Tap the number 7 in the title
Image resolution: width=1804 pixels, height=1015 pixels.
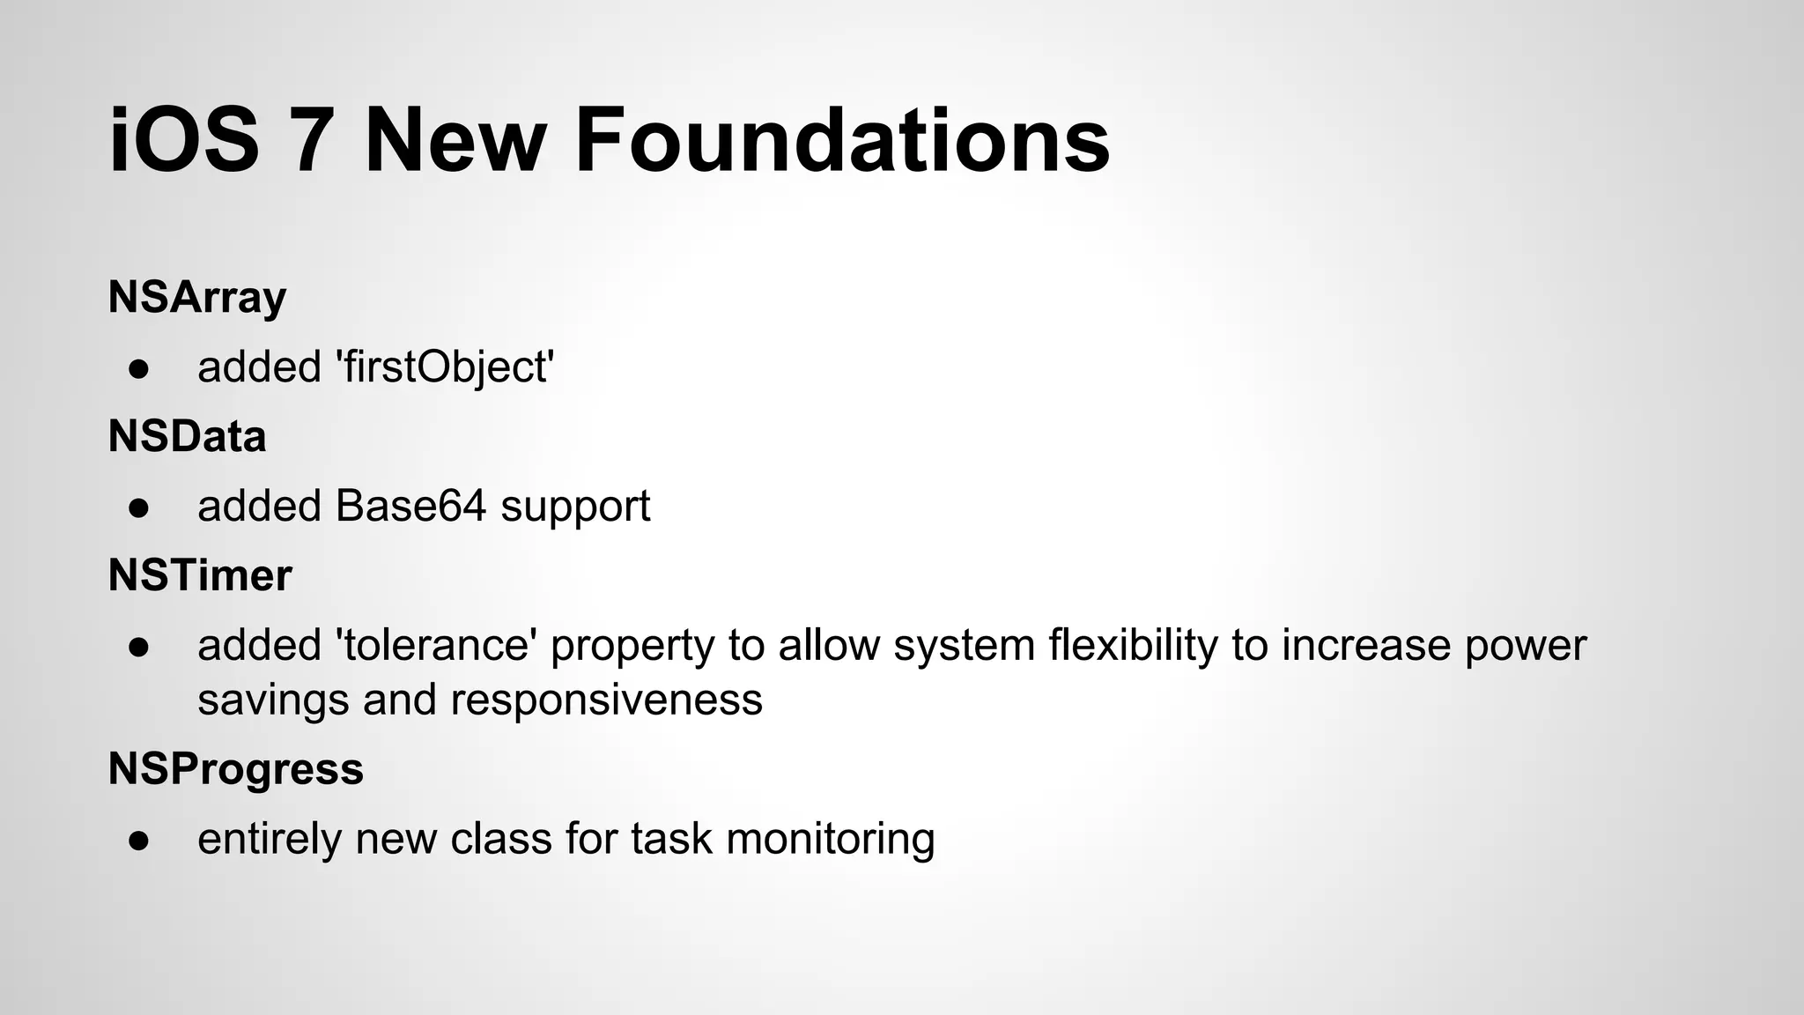(x=312, y=141)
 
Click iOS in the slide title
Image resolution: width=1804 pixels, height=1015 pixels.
(x=184, y=141)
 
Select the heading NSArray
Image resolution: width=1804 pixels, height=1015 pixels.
(x=197, y=297)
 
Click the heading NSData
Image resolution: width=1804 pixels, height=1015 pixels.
(x=187, y=436)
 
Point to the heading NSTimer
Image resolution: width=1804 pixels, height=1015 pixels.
(x=200, y=575)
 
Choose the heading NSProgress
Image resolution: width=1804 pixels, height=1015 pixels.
(x=235, y=768)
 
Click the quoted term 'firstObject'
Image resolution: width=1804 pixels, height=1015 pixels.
(x=445, y=367)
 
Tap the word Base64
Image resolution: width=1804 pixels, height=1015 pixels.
(x=410, y=506)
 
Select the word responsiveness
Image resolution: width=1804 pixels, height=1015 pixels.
(x=606, y=700)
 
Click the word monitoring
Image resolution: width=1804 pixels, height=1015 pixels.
(x=830, y=839)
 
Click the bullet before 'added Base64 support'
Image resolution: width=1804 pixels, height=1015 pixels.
(x=138, y=507)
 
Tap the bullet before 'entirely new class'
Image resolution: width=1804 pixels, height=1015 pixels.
(x=138, y=840)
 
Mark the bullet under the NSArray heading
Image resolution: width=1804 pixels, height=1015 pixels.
(x=138, y=368)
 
